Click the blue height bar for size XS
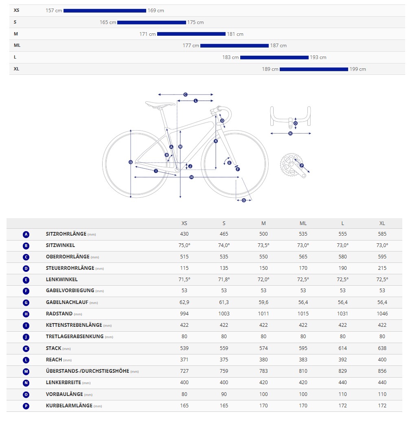(105, 11)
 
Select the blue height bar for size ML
(235, 46)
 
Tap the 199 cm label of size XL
(358, 69)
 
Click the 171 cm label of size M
(147, 34)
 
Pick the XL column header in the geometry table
(382, 223)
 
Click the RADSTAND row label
(59, 314)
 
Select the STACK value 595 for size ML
(303, 348)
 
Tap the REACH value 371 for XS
(184, 360)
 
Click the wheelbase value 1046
(382, 314)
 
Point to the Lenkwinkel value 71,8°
(224, 280)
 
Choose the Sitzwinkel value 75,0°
(184, 245)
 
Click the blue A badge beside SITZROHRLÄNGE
(26, 234)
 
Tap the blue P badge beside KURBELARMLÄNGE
(26, 406)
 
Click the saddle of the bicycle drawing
(159, 104)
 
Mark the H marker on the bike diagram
(191, 177)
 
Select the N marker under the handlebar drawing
(290, 133)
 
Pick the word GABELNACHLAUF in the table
(67, 302)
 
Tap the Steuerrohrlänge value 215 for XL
(382, 268)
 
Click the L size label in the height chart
(15, 57)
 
